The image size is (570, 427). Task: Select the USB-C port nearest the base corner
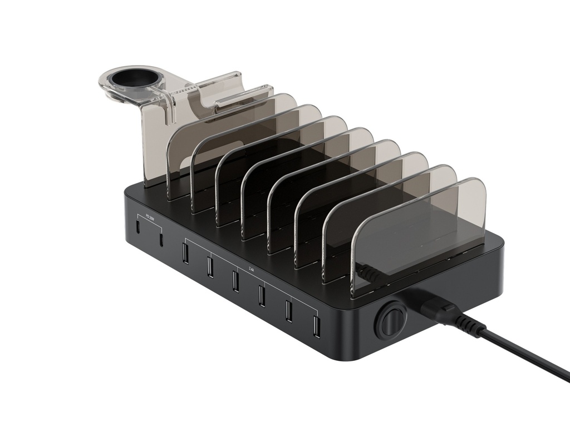(x=137, y=228)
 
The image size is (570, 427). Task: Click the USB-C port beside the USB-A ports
(x=161, y=240)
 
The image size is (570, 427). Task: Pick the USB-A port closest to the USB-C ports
(x=184, y=253)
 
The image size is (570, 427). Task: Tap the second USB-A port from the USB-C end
(x=210, y=267)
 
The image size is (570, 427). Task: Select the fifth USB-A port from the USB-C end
(x=288, y=310)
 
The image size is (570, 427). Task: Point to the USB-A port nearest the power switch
(x=316, y=326)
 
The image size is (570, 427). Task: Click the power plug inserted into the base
(x=429, y=305)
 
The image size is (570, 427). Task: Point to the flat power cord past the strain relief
(x=529, y=356)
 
